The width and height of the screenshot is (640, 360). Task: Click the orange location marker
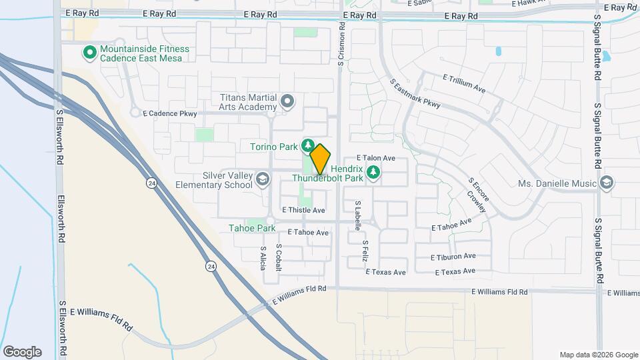click(321, 159)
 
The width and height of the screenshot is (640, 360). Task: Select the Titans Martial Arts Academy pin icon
click(287, 101)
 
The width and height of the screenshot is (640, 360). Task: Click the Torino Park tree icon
click(308, 144)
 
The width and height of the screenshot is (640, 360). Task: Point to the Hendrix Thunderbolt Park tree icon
click(374, 173)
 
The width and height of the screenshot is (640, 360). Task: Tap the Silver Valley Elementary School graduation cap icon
click(263, 178)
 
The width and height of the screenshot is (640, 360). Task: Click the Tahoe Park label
click(253, 228)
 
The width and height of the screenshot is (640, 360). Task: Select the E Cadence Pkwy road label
click(169, 114)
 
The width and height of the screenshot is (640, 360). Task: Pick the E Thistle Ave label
click(303, 210)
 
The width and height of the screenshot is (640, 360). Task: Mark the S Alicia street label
click(263, 257)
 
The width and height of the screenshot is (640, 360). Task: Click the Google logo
click(22, 351)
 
